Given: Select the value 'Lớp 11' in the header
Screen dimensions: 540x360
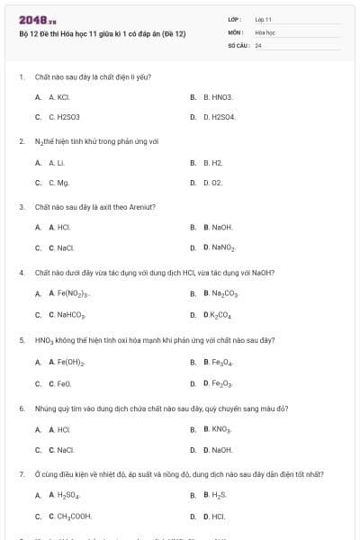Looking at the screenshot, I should pyautogui.click(x=263, y=18).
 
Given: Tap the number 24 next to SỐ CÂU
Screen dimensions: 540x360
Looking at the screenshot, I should pyautogui.click(x=258, y=44).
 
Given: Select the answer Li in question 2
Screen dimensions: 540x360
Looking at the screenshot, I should pyautogui.click(x=57, y=163).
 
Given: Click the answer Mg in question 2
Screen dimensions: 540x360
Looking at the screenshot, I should pyautogui.click(x=59, y=182).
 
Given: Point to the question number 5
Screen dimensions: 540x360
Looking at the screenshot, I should pyautogui.click(x=21, y=340).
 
